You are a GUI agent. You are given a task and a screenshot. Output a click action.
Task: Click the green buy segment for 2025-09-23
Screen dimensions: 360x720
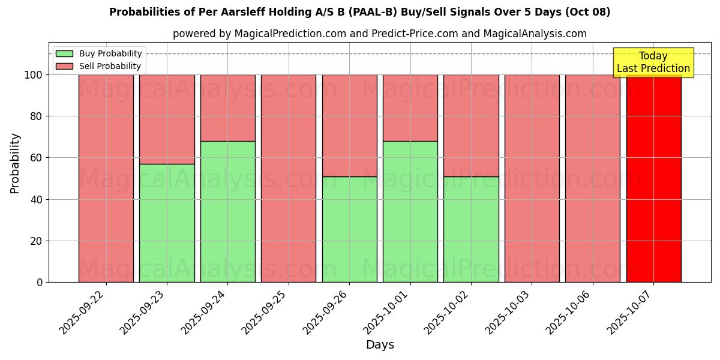pyautogui.click(x=167, y=223)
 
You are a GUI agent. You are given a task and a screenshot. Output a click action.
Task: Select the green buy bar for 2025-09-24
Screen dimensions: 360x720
pyautogui.click(x=227, y=211)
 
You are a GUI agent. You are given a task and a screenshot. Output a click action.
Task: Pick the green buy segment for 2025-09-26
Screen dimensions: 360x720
pyautogui.click(x=349, y=229)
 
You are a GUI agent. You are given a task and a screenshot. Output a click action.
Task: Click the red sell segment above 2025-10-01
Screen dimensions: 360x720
pyautogui.click(x=410, y=107)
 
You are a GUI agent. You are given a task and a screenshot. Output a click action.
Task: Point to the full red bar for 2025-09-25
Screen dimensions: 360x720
pyautogui.click(x=289, y=178)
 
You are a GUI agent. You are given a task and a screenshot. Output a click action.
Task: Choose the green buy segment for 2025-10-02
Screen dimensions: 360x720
pyautogui.click(x=471, y=229)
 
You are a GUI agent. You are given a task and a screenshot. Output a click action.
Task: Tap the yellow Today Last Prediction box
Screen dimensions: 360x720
pyautogui.click(x=653, y=62)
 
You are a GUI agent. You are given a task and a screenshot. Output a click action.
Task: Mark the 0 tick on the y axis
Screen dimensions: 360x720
pyautogui.click(x=39, y=283)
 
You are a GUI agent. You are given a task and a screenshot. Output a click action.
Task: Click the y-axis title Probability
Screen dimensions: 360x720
pyautogui.click(x=15, y=163)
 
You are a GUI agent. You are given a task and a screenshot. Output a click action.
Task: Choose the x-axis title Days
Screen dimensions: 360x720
pyautogui.click(x=380, y=345)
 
